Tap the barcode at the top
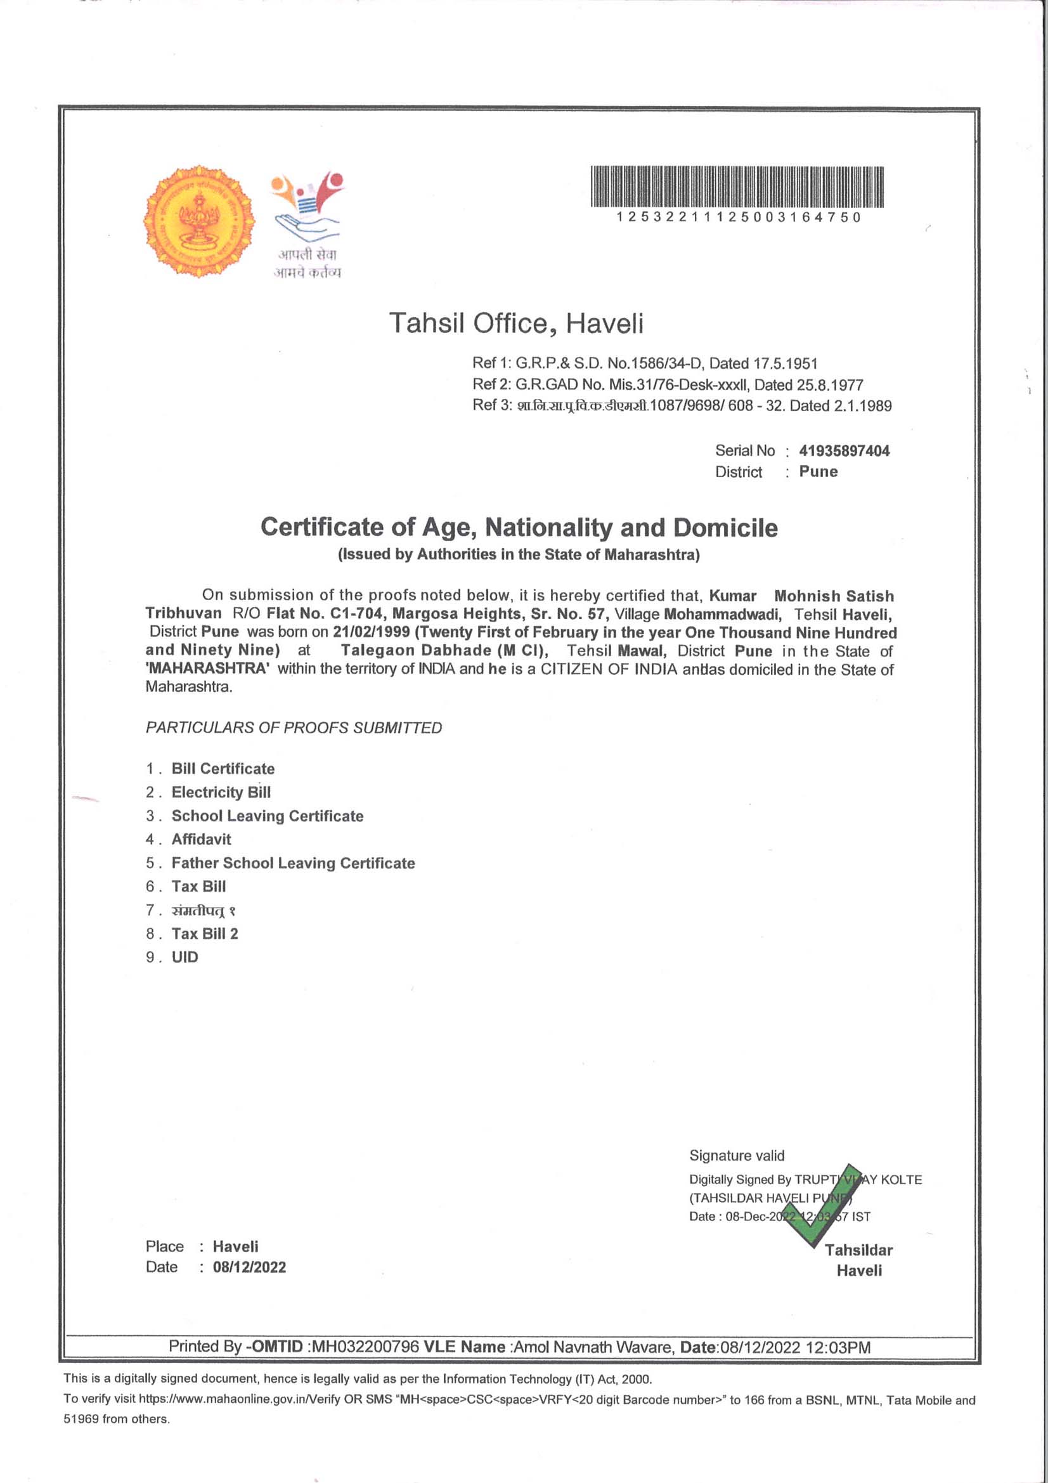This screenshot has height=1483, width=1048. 737,187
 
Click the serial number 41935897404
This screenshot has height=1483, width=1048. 844,451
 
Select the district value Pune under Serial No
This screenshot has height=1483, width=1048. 818,471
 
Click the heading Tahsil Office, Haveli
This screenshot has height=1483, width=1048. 516,323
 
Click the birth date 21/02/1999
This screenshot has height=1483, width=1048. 372,632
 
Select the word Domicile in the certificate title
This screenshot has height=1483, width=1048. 725,528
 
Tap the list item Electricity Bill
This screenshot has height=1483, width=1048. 221,792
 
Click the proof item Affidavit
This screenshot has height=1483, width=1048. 201,840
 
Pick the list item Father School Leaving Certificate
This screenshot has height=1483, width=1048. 293,863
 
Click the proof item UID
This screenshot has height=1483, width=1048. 184,957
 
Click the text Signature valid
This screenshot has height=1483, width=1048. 737,1156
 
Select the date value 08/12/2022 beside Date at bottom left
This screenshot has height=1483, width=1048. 249,1267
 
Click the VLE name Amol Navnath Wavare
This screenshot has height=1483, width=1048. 592,1347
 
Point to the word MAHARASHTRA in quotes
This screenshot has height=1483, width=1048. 207,669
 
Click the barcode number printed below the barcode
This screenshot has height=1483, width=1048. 738,218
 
